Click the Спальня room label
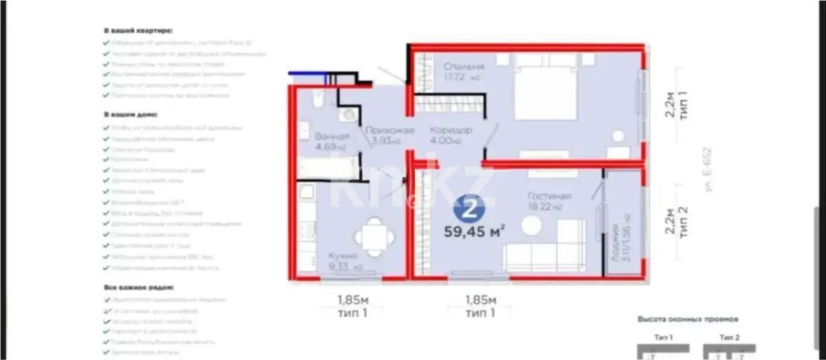click(x=463, y=66)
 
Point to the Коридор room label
click(x=450, y=130)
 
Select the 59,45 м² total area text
click(x=477, y=232)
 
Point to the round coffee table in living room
click(x=531, y=225)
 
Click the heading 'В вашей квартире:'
click(x=138, y=31)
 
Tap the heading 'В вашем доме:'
click(x=130, y=114)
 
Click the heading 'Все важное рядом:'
click(x=138, y=286)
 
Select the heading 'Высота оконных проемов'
click(x=688, y=320)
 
